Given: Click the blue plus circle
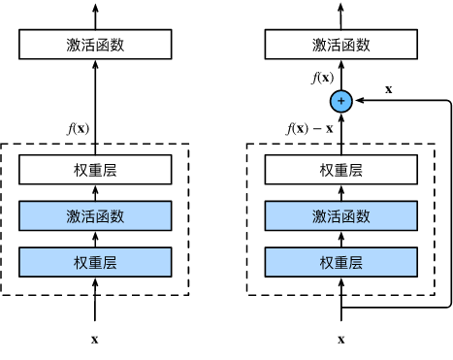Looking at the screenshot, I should (x=340, y=101).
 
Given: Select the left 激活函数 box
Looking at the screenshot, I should (x=95, y=215).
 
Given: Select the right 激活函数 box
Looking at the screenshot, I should (x=341, y=215).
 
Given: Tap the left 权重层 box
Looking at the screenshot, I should (x=95, y=262).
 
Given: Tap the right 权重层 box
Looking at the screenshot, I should (x=341, y=262).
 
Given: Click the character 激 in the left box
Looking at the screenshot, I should (x=74, y=215).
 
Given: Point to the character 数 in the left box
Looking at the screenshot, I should (x=117, y=215).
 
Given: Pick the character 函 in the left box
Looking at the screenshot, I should (x=103, y=215).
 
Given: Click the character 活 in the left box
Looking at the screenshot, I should (x=88, y=215).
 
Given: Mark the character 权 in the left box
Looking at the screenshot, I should (x=81, y=262).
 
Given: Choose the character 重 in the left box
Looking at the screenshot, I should (x=95, y=262).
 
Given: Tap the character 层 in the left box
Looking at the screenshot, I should (x=110, y=262).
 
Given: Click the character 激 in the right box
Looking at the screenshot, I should (x=320, y=215).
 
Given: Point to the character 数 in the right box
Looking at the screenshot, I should (x=364, y=215).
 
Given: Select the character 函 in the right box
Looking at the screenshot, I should (x=349, y=215).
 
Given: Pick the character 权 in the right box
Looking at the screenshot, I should (x=327, y=262).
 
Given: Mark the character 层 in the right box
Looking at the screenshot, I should (x=356, y=262).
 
